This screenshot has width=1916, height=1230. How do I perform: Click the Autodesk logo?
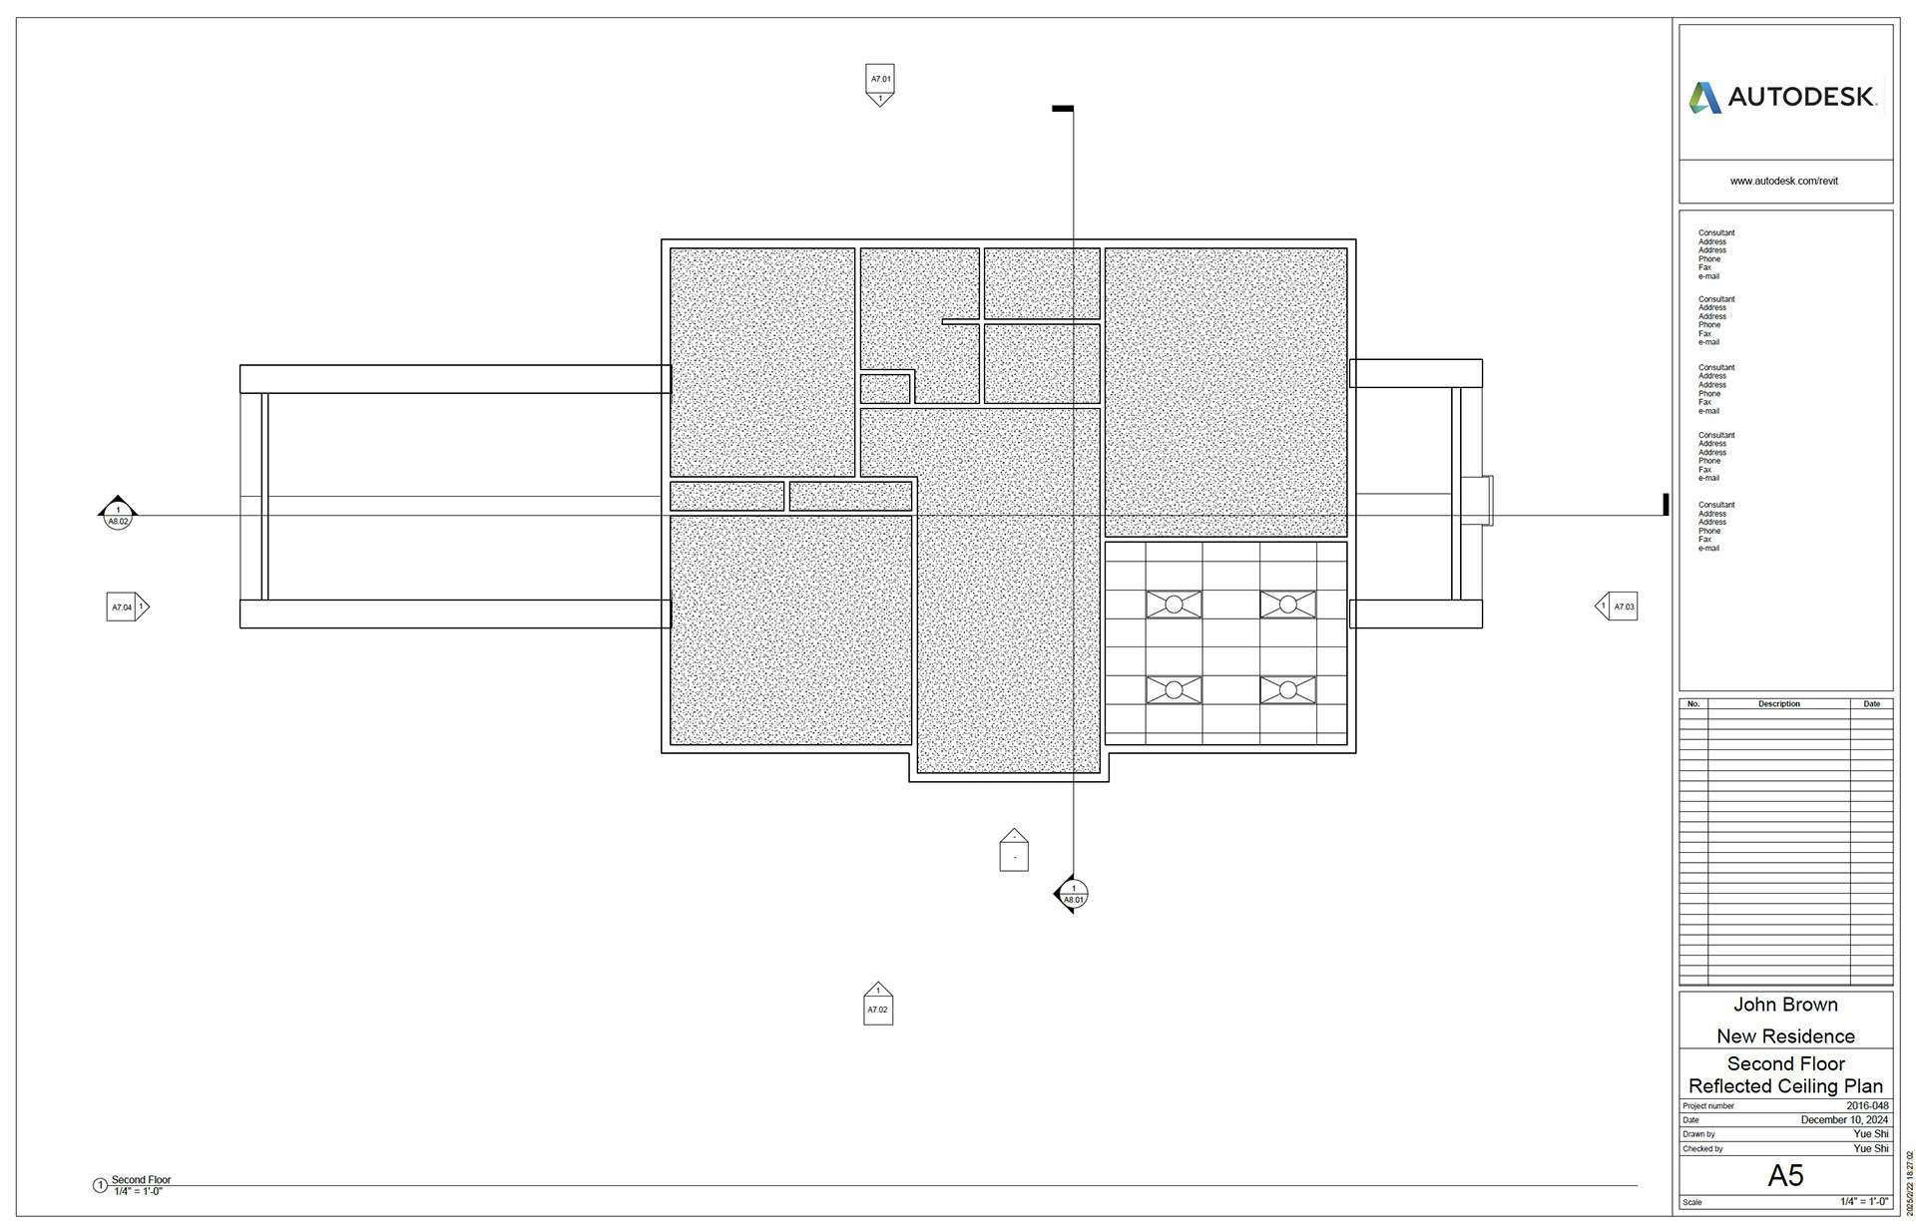[x=1782, y=97]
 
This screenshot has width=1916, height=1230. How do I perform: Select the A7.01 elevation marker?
[x=879, y=85]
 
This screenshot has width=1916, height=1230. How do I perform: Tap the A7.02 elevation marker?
[x=878, y=1004]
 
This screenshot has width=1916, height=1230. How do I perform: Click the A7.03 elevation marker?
[x=1617, y=607]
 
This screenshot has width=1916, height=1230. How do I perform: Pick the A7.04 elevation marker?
[x=128, y=607]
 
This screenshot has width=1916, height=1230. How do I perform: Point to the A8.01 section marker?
[x=1072, y=894]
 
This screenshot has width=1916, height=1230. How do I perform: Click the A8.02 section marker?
[x=118, y=514]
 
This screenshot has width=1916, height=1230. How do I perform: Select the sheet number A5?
[x=1785, y=1175]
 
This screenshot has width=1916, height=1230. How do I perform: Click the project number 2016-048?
[x=1867, y=1105]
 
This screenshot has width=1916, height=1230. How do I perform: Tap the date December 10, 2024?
[x=1844, y=1120]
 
